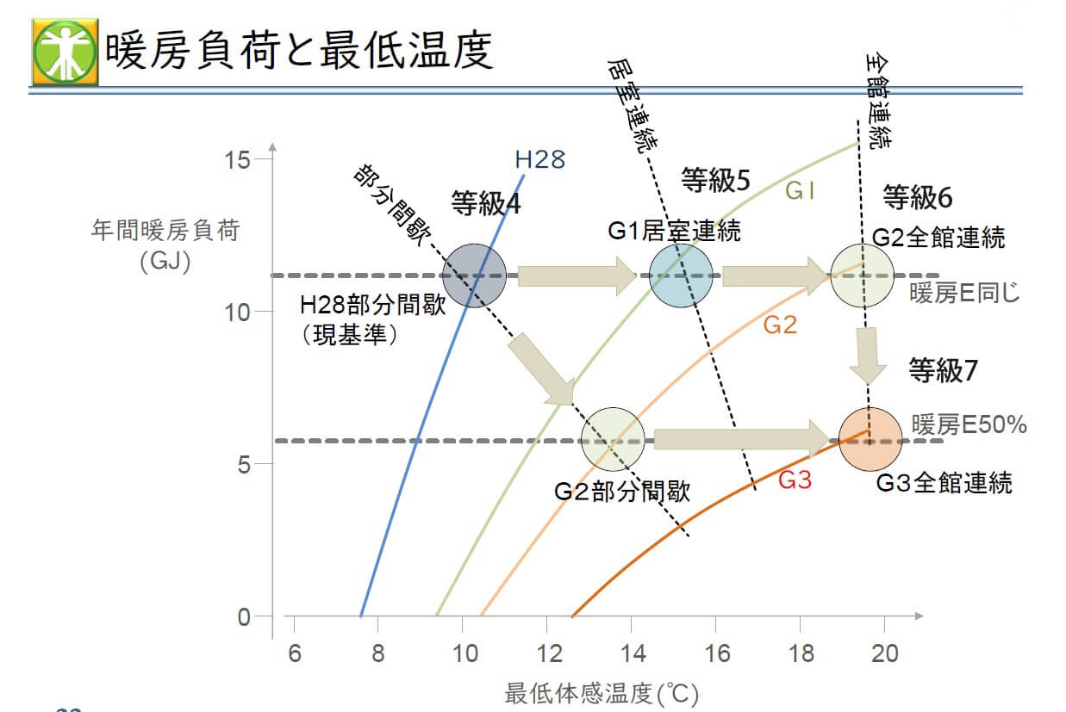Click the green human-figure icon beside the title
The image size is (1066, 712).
(x=65, y=52)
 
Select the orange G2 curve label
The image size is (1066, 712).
(x=780, y=325)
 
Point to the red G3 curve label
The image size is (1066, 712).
(x=795, y=480)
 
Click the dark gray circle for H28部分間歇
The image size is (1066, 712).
(x=473, y=276)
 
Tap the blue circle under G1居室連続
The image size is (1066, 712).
(x=681, y=276)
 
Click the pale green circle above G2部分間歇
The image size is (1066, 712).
(x=613, y=439)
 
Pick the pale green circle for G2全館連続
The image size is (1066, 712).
(x=862, y=276)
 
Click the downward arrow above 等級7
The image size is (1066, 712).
(x=868, y=355)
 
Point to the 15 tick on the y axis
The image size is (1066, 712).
(x=239, y=159)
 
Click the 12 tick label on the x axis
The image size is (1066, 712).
(x=548, y=653)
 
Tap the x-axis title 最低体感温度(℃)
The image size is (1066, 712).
(x=601, y=692)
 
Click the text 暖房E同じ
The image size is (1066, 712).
(x=964, y=293)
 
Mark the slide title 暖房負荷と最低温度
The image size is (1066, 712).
(x=299, y=52)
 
